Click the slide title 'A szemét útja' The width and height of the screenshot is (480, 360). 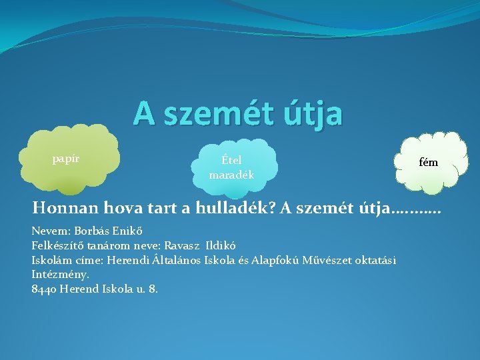(x=237, y=113)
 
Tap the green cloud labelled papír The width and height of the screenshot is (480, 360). (x=70, y=160)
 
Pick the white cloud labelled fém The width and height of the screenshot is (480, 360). (x=428, y=162)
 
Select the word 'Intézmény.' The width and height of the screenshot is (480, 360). (x=60, y=274)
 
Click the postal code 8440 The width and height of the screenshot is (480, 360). (x=43, y=289)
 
